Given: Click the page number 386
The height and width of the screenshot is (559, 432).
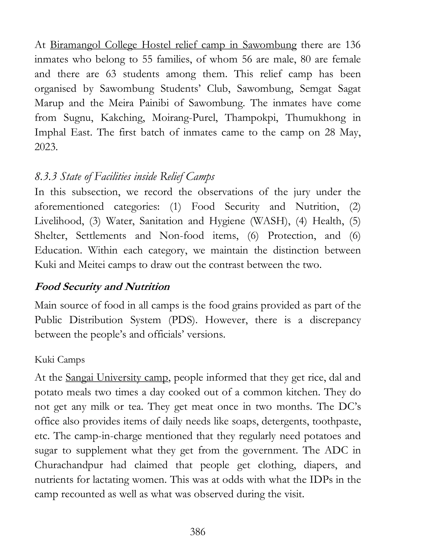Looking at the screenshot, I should pos(198,532).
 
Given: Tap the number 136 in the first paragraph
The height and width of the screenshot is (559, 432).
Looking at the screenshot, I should pos(353,45).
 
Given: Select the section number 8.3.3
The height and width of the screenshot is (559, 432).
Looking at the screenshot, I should pos(45,177).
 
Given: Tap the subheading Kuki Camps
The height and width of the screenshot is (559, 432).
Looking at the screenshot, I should pos(60,360).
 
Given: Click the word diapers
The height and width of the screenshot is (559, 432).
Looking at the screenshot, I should pos(321,465).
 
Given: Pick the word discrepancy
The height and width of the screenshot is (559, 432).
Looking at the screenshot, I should pos(335,320).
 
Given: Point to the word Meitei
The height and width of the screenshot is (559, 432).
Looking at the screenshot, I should pos(92,265).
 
